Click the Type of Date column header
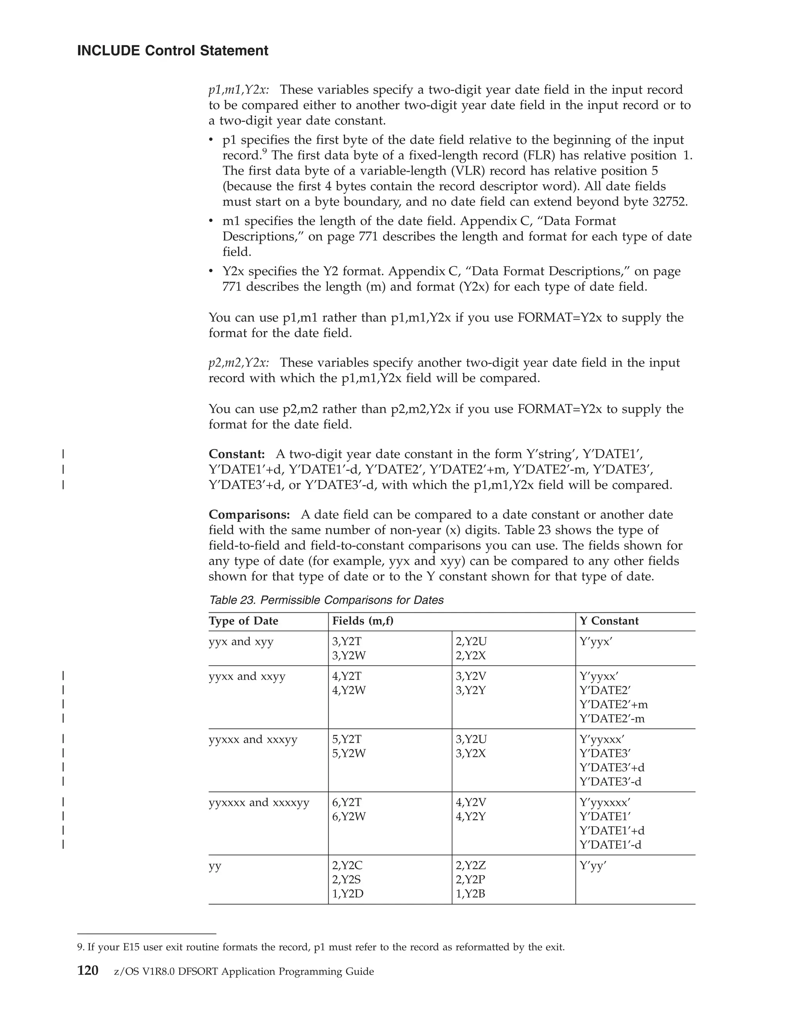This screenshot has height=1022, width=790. [x=243, y=621]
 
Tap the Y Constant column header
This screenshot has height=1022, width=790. [x=609, y=621]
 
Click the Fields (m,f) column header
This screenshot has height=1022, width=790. [x=363, y=621]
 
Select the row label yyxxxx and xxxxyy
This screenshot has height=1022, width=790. [x=259, y=803]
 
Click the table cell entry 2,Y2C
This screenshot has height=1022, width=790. [x=347, y=866]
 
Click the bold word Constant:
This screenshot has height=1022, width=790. [x=237, y=454]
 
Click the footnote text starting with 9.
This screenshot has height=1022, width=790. [x=321, y=948]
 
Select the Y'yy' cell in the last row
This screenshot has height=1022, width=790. [x=592, y=866]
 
